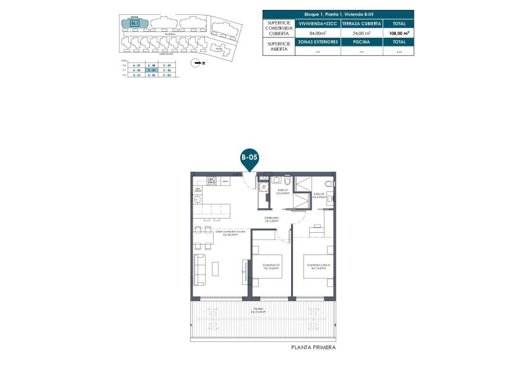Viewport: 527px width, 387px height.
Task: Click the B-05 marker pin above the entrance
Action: (x=249, y=159)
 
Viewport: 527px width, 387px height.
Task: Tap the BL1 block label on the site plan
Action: (x=134, y=24)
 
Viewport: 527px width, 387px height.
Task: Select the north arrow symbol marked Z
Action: (x=196, y=63)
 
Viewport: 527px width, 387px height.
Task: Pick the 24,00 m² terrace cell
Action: (x=360, y=33)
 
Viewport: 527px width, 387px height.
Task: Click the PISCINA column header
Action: (x=360, y=42)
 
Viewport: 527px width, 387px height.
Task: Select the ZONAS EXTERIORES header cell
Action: (x=318, y=42)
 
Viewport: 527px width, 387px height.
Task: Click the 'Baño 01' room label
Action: (x=282, y=191)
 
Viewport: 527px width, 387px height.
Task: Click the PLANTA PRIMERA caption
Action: (x=313, y=348)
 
